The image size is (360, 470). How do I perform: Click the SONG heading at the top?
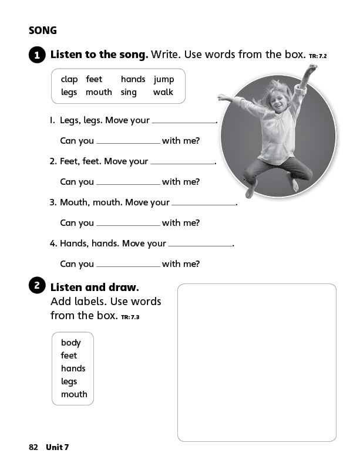(43, 31)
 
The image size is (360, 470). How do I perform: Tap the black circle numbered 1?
(36, 56)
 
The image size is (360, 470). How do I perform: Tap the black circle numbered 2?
(36, 286)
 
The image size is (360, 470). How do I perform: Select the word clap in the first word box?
(69, 79)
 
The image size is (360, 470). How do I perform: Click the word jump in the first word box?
(164, 79)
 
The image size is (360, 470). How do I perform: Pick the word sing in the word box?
(129, 92)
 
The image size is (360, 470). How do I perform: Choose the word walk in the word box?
(163, 92)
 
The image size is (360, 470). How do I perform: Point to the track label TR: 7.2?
(317, 56)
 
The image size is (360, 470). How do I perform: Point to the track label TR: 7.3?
(130, 317)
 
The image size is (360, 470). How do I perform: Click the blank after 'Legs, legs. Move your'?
(184, 120)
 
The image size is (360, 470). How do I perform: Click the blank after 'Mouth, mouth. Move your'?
(203, 202)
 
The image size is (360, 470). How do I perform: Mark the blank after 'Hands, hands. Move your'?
(200, 244)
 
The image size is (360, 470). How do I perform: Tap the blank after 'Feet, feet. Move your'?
(182, 161)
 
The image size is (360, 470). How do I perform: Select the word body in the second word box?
(70, 343)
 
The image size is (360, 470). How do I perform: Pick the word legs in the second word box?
(69, 381)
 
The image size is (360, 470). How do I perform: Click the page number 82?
(33, 447)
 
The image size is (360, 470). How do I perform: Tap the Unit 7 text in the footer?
(58, 447)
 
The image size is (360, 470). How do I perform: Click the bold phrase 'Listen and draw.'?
(95, 288)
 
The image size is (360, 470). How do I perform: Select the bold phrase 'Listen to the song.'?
(99, 55)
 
